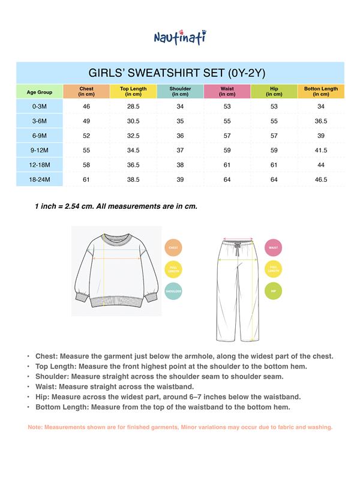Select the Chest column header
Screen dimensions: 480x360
coord(86,91)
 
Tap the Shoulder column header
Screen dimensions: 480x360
coord(180,91)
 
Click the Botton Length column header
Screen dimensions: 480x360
coord(321,91)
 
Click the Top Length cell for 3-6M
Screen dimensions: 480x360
coord(133,121)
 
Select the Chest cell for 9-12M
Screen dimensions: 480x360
coord(86,150)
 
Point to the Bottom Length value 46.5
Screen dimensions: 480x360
coord(321,179)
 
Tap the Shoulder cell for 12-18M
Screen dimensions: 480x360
coord(180,164)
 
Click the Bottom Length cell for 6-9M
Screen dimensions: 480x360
coord(321,136)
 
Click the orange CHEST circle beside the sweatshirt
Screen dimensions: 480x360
coord(173,248)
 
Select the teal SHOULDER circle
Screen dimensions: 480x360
coord(173,292)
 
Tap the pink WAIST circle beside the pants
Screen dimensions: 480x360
coord(273,248)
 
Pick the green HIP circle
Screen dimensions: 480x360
coord(273,292)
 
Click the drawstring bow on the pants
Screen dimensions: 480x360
coord(238,247)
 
